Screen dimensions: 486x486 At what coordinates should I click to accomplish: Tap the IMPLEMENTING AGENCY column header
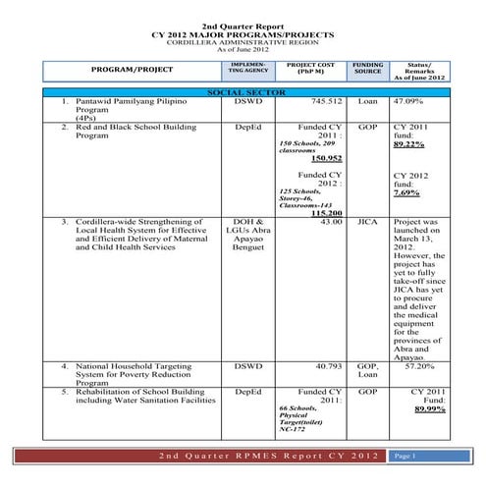(x=242, y=67)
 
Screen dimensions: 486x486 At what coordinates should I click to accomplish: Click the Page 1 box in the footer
(x=409, y=457)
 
